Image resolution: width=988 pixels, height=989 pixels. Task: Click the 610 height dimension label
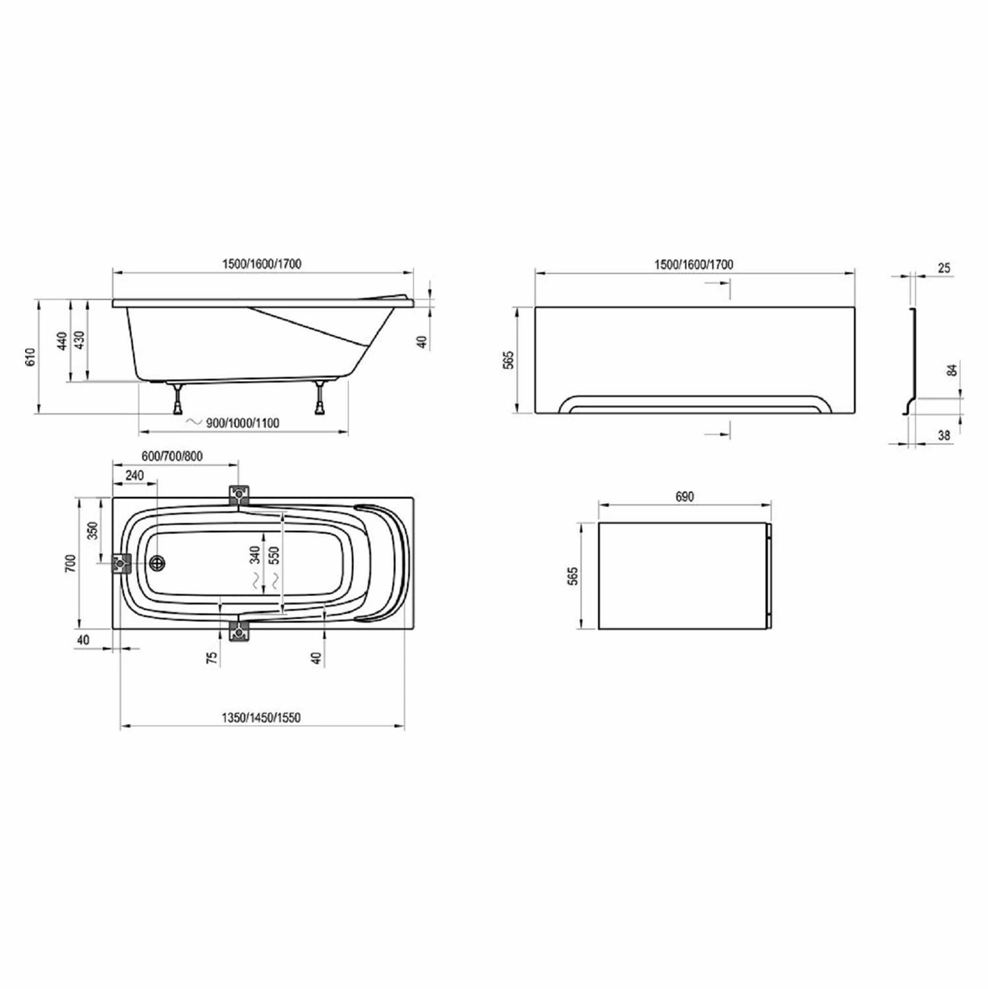pos(30,357)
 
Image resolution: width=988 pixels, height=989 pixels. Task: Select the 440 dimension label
pos(62,341)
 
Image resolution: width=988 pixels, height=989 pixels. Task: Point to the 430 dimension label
pos(79,341)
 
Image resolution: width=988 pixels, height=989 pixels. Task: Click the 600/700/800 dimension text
pos(172,456)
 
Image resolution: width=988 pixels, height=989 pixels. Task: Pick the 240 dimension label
pos(134,475)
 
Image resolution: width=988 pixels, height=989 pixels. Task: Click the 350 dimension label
pos(92,530)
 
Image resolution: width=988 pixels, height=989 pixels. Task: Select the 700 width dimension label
pos(71,563)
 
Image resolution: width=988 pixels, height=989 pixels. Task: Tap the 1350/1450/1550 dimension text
pos(261,717)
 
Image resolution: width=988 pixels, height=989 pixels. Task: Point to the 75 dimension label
pos(212,658)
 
